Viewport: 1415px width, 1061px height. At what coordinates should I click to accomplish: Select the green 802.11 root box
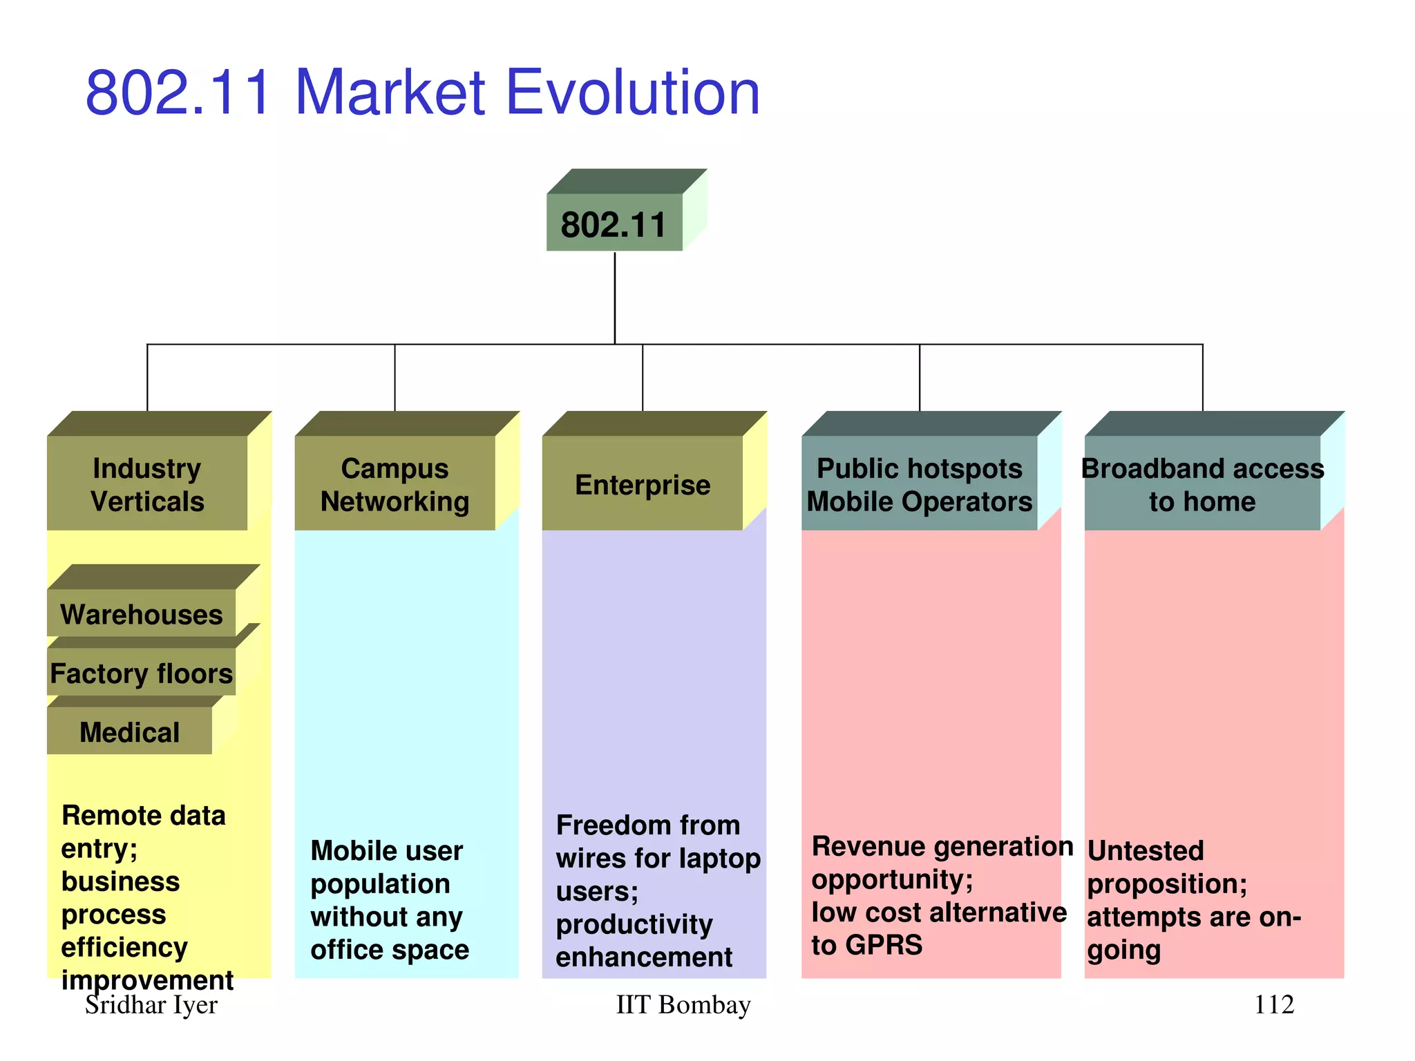[614, 224]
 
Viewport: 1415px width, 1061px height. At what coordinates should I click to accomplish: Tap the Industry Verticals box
[147, 484]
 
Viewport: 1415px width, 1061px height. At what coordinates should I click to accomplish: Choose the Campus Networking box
[395, 484]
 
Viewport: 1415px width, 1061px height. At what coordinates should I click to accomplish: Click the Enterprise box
[643, 484]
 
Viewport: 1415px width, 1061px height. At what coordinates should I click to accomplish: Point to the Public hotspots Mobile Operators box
[919, 484]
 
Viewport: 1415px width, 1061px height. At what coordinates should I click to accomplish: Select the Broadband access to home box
[1202, 484]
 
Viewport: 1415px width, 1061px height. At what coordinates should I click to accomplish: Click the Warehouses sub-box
[142, 614]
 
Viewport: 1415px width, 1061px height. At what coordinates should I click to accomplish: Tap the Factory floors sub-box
[142, 673]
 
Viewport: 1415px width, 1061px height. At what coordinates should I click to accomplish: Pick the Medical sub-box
[129, 732]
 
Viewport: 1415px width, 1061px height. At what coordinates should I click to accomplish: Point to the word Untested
[1146, 850]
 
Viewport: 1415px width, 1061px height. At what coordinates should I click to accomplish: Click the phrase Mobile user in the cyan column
[386, 851]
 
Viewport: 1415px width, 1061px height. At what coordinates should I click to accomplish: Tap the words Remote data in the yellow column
[143, 816]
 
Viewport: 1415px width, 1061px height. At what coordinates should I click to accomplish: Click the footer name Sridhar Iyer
[151, 1005]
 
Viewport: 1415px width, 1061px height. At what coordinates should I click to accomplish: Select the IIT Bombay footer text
[683, 1005]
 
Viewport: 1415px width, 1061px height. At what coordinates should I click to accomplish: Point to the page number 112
[1273, 1005]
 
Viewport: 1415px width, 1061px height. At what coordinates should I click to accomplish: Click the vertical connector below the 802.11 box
[614, 297]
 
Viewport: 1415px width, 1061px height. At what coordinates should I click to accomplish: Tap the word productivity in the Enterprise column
[634, 924]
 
